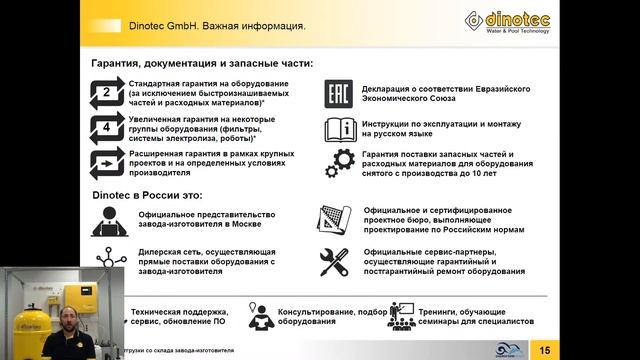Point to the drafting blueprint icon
tap(333, 218)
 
